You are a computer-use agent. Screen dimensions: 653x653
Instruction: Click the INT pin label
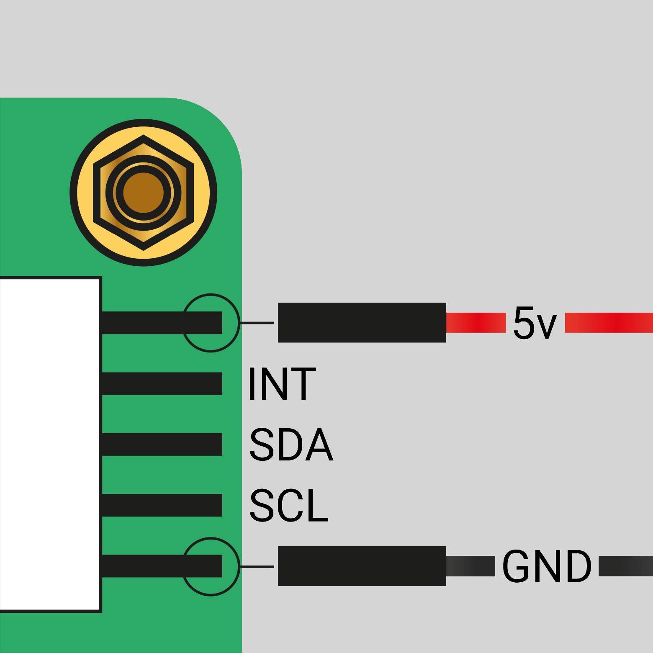pyautogui.click(x=282, y=384)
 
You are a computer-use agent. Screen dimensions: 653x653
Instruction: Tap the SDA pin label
pyautogui.click(x=291, y=445)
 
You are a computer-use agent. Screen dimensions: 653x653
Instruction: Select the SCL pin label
pyautogui.click(x=289, y=505)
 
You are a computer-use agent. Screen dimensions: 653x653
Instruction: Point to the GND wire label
pyautogui.click(x=547, y=566)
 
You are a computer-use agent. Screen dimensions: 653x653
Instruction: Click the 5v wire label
pyautogui.click(x=535, y=322)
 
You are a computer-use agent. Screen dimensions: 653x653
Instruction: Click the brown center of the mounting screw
pyautogui.click(x=144, y=193)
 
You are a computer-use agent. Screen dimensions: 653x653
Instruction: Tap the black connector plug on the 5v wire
pyautogui.click(x=362, y=322)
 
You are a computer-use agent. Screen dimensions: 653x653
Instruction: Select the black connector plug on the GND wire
pyautogui.click(x=362, y=566)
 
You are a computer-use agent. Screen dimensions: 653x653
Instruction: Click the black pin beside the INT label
pyautogui.click(x=162, y=383)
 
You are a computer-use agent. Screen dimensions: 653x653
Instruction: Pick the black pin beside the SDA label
pyautogui.click(x=162, y=444)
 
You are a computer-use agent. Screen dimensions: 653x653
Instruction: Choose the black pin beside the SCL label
pyautogui.click(x=162, y=505)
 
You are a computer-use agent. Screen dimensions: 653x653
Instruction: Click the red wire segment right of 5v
pyautogui.click(x=609, y=323)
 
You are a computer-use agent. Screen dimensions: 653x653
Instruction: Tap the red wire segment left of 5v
pyautogui.click(x=476, y=323)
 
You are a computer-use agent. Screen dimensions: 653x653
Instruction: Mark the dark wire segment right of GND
pyautogui.click(x=626, y=566)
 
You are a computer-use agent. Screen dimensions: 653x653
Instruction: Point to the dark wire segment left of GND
pyautogui.click(x=470, y=566)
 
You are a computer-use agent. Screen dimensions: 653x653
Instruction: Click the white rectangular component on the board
pyautogui.click(x=50, y=445)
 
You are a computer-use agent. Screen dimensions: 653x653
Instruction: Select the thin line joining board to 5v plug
pyautogui.click(x=257, y=323)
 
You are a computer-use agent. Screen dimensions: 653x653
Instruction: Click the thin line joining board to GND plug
pyautogui.click(x=257, y=567)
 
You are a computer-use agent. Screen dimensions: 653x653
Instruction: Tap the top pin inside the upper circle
pyautogui.click(x=162, y=323)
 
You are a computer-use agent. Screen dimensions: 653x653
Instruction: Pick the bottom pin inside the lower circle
pyautogui.click(x=162, y=566)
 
